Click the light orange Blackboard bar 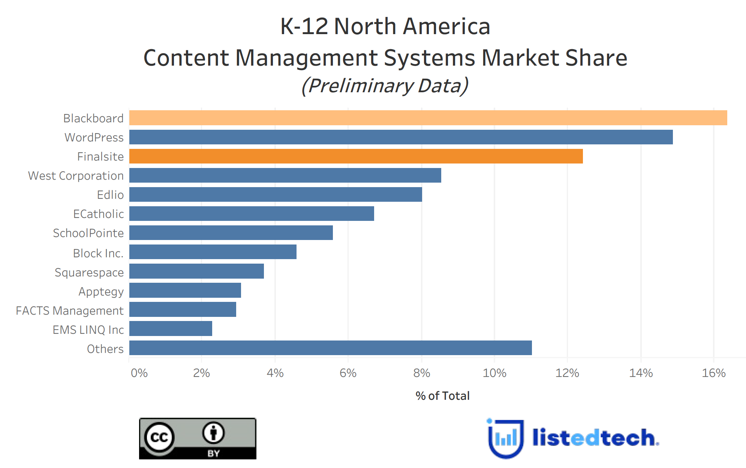pyautogui.click(x=428, y=118)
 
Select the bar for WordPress pyautogui.click(x=401, y=137)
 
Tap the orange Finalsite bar pyautogui.click(x=356, y=156)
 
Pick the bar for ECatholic pyautogui.click(x=252, y=214)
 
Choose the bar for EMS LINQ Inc pyautogui.click(x=171, y=329)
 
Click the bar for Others pyautogui.click(x=330, y=348)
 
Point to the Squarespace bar pyautogui.click(x=196, y=271)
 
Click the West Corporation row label pyautogui.click(x=76, y=176)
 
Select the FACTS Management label pyautogui.click(x=70, y=311)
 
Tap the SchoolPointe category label pyautogui.click(x=88, y=233)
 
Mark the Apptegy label pyautogui.click(x=101, y=292)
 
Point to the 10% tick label pyautogui.click(x=494, y=373)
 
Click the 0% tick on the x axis pyautogui.click(x=139, y=373)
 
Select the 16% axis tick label pyautogui.click(x=713, y=373)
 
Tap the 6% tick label pyautogui.click(x=348, y=373)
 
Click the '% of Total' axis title pyautogui.click(x=442, y=396)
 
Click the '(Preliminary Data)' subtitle pyautogui.click(x=385, y=86)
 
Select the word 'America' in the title pyautogui.click(x=446, y=27)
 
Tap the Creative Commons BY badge pyautogui.click(x=198, y=438)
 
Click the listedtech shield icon pyautogui.click(x=505, y=438)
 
